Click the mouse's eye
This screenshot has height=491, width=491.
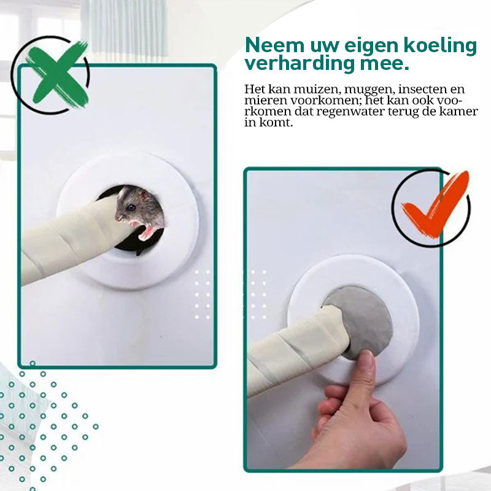tap(131, 207)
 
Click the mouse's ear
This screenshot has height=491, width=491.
tap(145, 196)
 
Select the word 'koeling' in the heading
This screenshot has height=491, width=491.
tap(439, 45)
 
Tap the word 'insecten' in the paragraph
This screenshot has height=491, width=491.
tap(422, 89)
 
